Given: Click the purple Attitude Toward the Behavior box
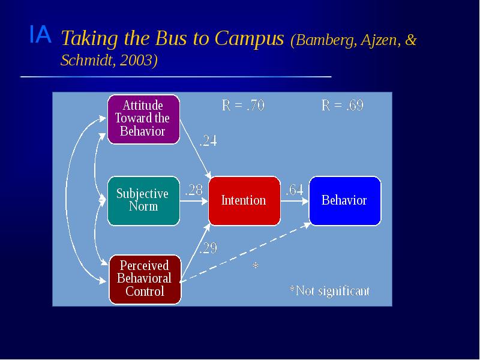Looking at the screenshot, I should [x=143, y=119].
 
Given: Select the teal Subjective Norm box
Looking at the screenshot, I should [x=143, y=200].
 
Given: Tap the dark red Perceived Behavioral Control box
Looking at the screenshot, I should [x=144, y=279].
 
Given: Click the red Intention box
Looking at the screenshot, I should [x=244, y=200].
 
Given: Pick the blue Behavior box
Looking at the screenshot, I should [x=344, y=200].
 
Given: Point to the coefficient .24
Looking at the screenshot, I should [x=208, y=142].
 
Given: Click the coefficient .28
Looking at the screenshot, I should [x=193, y=190].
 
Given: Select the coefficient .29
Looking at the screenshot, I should [x=208, y=248].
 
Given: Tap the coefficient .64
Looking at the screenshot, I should [x=294, y=190].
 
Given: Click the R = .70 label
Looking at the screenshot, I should [x=243, y=106].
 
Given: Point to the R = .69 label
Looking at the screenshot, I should [x=343, y=106].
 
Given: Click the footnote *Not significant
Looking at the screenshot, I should [x=329, y=291].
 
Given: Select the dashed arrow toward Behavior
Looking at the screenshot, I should [x=246, y=252].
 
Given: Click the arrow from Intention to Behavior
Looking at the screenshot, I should [x=294, y=201].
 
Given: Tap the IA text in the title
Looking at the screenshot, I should [x=40, y=36].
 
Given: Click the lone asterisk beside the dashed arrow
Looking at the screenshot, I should [x=255, y=265].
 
